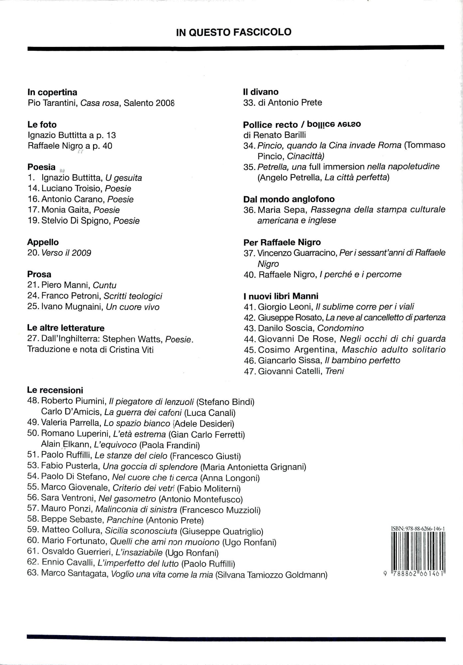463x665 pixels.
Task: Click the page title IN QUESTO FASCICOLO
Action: coord(234,32)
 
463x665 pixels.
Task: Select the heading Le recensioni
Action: coord(55,390)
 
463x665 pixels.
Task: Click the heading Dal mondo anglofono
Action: coord(289,199)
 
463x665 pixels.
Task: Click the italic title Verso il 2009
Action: coord(66,253)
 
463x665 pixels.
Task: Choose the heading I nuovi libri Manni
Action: coord(281,296)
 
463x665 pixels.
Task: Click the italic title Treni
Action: coord(335,371)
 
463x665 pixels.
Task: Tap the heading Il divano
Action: coord(261,92)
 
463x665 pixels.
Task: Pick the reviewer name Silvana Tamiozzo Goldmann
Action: coord(271,575)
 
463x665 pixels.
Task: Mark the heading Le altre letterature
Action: coord(66,328)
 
